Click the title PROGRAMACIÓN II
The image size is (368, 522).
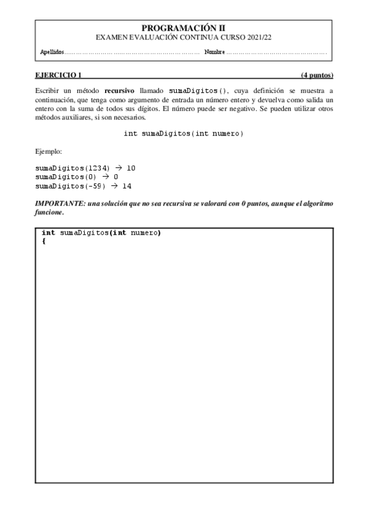pos(184,28)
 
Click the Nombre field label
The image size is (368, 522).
pos(214,52)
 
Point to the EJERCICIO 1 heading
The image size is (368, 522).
pos(58,76)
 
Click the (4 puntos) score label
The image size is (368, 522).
pos(317,76)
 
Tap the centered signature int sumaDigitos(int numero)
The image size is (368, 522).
pos(184,134)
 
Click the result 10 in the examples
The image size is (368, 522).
pos(131,167)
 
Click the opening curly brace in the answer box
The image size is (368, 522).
pos(44,241)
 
